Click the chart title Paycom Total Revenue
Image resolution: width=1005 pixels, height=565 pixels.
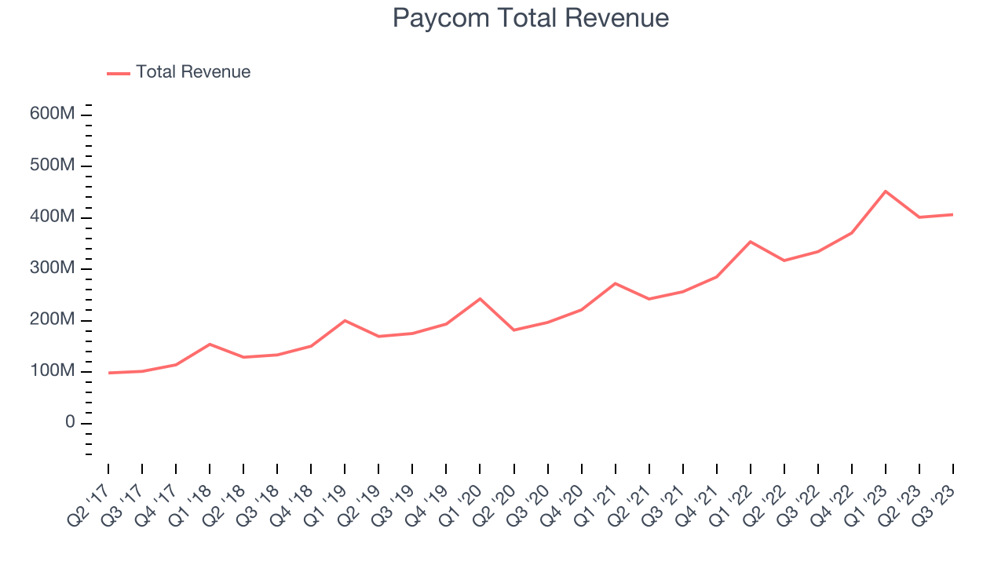[x=531, y=18]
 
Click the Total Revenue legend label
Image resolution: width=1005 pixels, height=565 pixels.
[x=193, y=72]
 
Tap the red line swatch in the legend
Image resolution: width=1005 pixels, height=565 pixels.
[x=119, y=73]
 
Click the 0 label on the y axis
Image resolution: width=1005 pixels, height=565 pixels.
[x=70, y=423]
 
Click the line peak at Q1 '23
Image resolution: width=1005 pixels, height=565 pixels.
[x=886, y=191]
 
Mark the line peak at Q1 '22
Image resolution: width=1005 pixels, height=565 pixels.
[x=751, y=242]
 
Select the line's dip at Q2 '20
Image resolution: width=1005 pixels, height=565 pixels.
[x=513, y=330]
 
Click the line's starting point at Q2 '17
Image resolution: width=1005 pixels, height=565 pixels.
[x=108, y=373]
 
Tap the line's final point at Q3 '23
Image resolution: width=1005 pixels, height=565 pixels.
[x=953, y=214]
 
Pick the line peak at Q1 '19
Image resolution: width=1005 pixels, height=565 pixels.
[x=345, y=320]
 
